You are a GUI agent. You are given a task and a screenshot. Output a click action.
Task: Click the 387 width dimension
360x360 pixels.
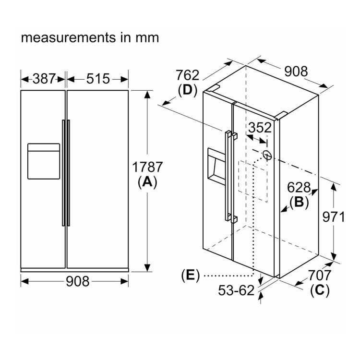coord(43,78)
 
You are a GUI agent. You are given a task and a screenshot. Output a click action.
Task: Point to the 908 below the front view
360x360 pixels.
coord(76,281)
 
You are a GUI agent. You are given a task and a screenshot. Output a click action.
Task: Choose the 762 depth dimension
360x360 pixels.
coord(188,75)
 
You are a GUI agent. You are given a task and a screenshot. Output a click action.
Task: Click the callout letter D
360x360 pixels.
coord(188,90)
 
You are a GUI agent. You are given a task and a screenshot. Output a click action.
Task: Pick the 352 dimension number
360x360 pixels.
coord(260,128)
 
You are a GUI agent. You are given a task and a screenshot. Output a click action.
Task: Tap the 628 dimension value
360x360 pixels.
coord(300,188)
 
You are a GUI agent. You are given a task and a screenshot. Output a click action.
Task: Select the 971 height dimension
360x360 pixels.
coord(333,217)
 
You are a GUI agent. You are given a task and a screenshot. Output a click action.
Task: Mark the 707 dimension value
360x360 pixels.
coord(319,276)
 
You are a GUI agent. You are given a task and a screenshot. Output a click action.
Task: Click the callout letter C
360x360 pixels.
coord(319,290)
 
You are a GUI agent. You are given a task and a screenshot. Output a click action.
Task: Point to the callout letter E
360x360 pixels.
coord(191,276)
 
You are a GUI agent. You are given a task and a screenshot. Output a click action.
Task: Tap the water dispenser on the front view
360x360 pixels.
coord(44,161)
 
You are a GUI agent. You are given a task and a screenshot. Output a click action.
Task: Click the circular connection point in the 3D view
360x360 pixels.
coord(267,155)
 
